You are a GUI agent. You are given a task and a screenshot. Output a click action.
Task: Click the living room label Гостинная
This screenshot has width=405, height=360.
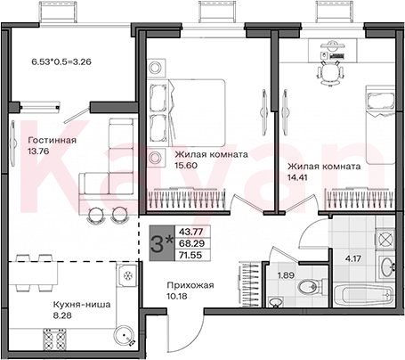pos(52,140)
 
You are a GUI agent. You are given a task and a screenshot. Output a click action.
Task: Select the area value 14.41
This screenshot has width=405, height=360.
pos(297,177)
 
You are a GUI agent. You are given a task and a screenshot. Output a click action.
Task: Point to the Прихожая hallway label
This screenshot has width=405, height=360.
pos(190,285)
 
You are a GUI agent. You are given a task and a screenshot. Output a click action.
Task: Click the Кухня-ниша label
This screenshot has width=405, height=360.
pos(82,305)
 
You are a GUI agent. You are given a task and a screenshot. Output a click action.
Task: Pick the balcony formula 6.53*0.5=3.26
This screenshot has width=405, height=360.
pos(61,61)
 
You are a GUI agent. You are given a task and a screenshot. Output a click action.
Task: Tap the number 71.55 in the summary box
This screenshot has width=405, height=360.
pos(190,255)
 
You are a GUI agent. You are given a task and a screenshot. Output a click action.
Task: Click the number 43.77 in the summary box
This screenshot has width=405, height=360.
pos(191,232)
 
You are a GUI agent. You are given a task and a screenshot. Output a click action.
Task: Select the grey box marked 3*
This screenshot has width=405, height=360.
pos(160,243)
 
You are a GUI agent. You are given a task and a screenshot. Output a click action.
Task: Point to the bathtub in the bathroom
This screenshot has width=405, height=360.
pos(364,295)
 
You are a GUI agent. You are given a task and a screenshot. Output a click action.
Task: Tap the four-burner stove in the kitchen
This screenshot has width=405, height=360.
pos(55,340)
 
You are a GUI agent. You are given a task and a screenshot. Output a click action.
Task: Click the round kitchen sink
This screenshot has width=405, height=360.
pos(125,335)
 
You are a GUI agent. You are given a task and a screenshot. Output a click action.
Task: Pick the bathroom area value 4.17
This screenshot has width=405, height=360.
pos(353,258)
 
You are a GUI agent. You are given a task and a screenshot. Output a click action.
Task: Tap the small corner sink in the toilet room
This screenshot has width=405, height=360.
pos(276,302)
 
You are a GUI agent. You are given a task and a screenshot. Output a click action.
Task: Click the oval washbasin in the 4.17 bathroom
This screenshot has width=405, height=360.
pos(386,266)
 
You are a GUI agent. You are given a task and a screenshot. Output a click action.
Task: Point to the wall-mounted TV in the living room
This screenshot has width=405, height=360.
pos(13,143)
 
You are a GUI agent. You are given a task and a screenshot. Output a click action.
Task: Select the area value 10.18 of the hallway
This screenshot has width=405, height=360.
pos(177,296)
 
